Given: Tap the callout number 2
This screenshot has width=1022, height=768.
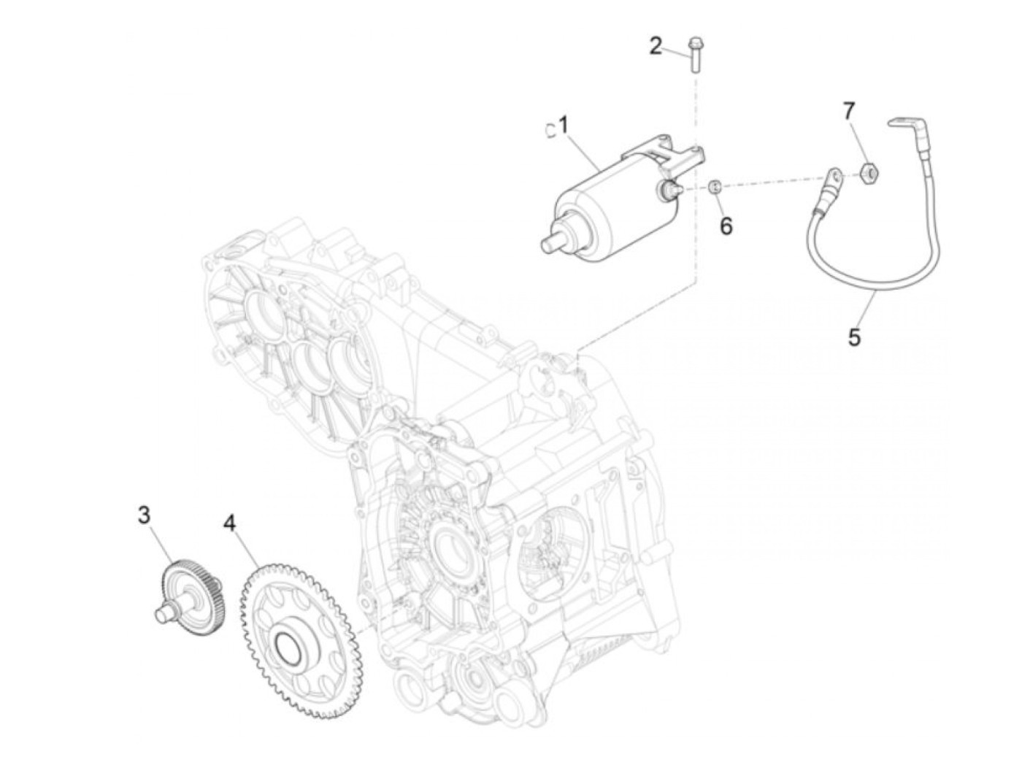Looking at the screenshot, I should click(656, 47).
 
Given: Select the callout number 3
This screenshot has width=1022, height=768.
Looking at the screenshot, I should click(145, 515).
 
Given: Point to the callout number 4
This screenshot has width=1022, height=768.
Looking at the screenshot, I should click(230, 523).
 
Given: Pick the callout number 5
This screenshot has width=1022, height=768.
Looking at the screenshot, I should click(855, 337).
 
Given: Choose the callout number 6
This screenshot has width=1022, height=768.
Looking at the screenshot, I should click(726, 226).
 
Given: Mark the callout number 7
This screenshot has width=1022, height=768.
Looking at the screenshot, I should click(848, 112).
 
